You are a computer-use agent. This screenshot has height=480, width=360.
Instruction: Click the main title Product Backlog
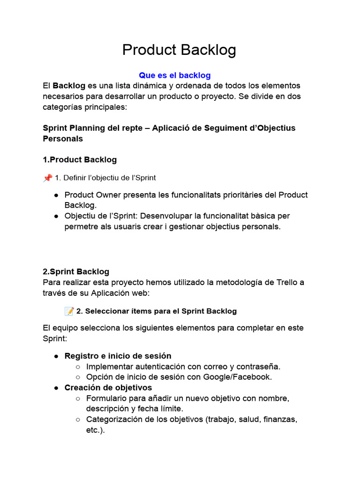[179, 50]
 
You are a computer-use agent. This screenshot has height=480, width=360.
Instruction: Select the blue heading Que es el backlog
[175, 75]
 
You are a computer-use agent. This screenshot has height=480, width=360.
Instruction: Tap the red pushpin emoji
[47, 178]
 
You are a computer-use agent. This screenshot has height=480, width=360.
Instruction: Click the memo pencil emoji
[69, 311]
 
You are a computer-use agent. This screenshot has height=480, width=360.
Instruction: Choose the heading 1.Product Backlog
[80, 160]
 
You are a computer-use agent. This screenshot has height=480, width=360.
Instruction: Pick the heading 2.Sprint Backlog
[76, 271]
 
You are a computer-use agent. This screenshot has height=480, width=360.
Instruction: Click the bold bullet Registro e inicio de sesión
[118, 356]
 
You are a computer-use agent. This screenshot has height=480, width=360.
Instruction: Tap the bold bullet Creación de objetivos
[108, 388]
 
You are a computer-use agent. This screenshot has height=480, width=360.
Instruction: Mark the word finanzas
[279, 420]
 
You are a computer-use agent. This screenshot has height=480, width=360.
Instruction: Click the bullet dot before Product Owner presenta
[56, 195]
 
